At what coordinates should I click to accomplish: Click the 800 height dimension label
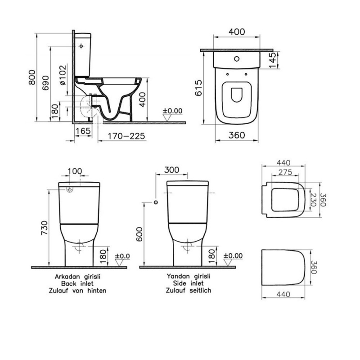tap(32, 77)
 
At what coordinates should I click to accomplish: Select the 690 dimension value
tap(46, 83)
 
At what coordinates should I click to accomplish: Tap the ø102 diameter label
tap(63, 75)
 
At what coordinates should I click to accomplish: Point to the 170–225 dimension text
tap(126, 136)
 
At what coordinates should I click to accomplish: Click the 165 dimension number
tap(83, 131)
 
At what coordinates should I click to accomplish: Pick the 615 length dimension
tap(198, 88)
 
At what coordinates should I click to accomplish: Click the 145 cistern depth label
tap(272, 60)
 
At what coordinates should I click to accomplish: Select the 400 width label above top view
tap(237, 31)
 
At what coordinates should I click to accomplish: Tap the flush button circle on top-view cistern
tap(237, 59)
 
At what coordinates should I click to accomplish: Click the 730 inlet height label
tap(44, 228)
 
